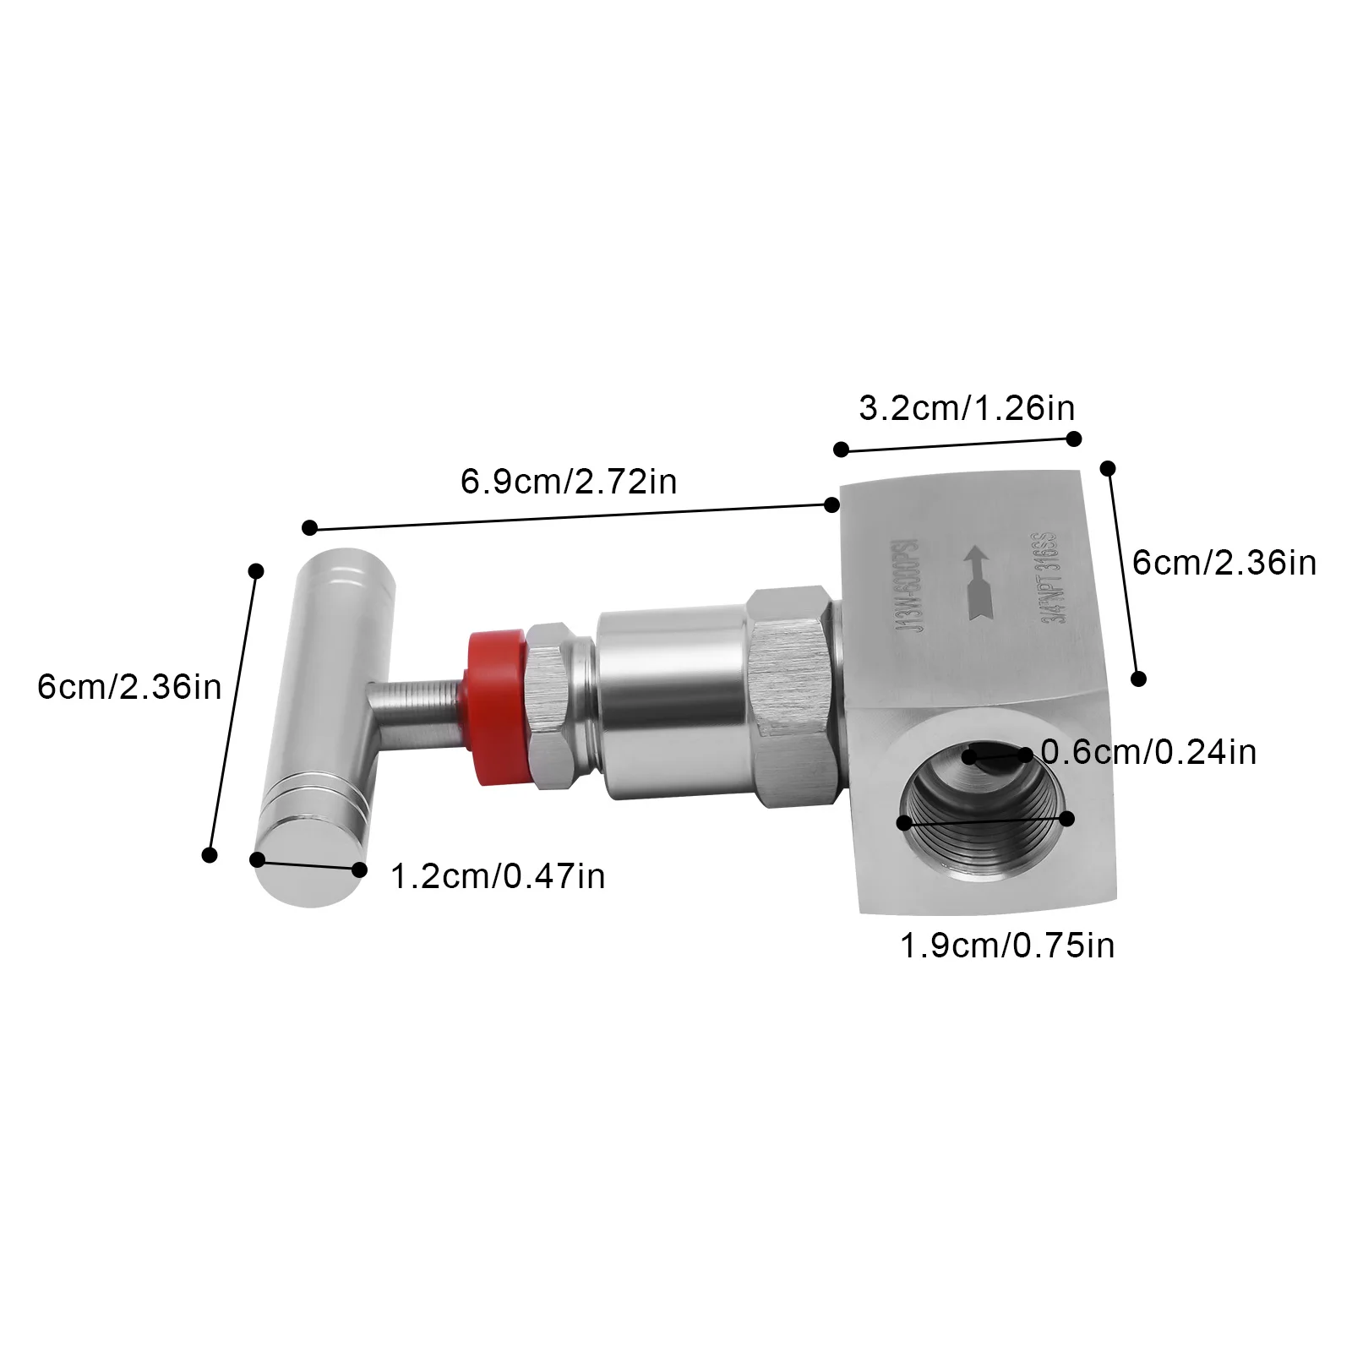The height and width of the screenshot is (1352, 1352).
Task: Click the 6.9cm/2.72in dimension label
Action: pos(568,482)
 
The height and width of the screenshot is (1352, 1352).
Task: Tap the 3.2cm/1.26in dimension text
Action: pos(967,408)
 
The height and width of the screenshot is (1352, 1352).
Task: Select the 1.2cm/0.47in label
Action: pos(498,875)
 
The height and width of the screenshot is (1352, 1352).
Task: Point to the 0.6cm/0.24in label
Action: pos(1148,751)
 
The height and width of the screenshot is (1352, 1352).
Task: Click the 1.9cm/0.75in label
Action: pos(1007,946)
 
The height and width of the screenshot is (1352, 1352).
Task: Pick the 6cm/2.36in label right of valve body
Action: pos(1224,563)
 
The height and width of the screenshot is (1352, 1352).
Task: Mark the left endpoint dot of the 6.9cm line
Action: pos(309,528)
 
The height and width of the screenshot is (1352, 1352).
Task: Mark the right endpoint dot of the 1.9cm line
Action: pos(1066,818)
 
